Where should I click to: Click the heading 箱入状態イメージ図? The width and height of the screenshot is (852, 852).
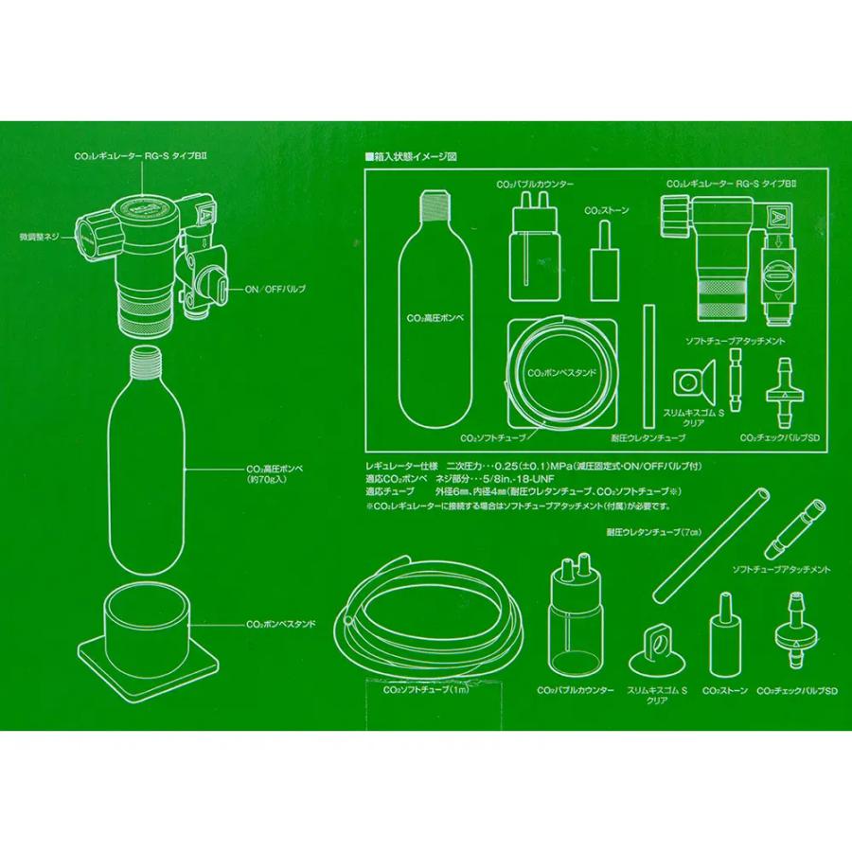(x=414, y=156)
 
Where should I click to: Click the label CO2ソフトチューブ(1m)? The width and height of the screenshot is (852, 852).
(x=413, y=691)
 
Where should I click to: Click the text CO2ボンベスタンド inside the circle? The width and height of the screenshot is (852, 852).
(x=564, y=373)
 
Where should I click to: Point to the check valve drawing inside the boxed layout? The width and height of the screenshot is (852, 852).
(x=783, y=390)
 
